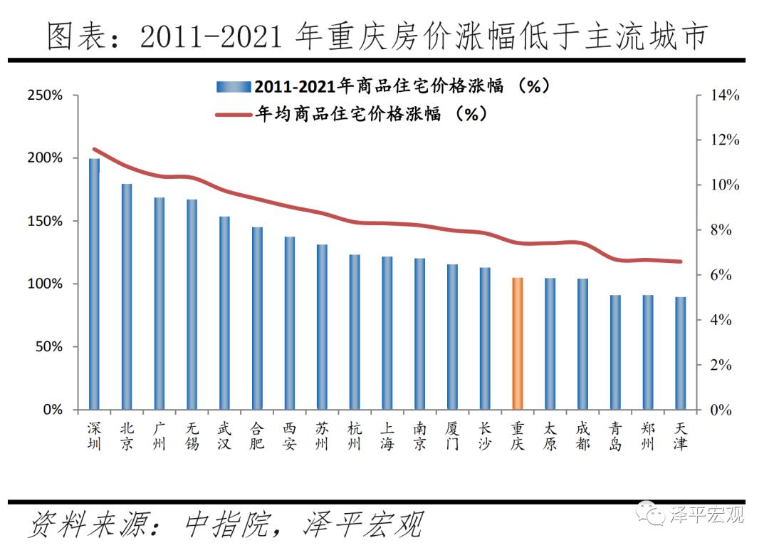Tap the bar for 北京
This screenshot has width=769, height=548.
[x=127, y=296]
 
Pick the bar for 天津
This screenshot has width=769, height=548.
[x=681, y=353]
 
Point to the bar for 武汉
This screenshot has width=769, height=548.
[x=224, y=313]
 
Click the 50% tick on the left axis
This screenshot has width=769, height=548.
[x=48, y=347]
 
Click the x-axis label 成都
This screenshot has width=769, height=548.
[x=582, y=436]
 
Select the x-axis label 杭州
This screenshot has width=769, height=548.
[x=355, y=436]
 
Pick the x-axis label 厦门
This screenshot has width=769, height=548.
[x=452, y=436]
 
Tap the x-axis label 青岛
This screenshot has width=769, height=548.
[x=615, y=436]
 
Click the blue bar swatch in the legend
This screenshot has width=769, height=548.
[x=234, y=87]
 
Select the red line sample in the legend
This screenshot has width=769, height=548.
[x=234, y=114]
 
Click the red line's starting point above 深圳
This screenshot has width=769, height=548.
[x=94, y=149]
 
